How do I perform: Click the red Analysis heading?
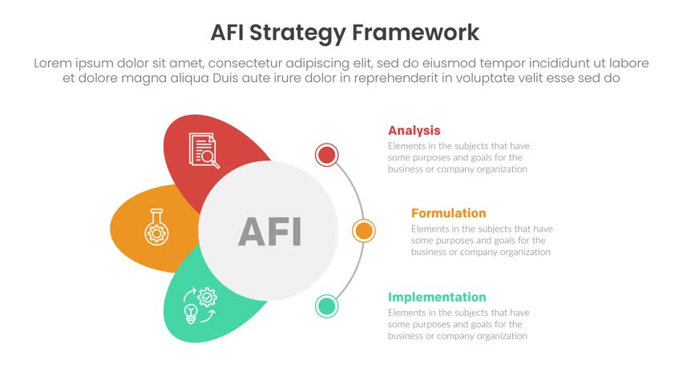coord(414,131)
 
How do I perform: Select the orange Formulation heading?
coord(448,213)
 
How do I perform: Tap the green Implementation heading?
coord(436,297)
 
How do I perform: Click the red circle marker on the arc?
coord(326,155)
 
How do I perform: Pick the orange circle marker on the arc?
coord(364,231)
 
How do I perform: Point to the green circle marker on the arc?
coord(326,306)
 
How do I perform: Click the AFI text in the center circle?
coord(269,232)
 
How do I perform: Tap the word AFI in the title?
coord(228,33)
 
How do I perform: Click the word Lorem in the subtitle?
coord(55,63)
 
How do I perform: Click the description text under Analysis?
coord(458,158)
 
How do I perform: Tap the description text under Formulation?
coord(481,241)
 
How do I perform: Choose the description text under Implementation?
coord(458,324)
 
